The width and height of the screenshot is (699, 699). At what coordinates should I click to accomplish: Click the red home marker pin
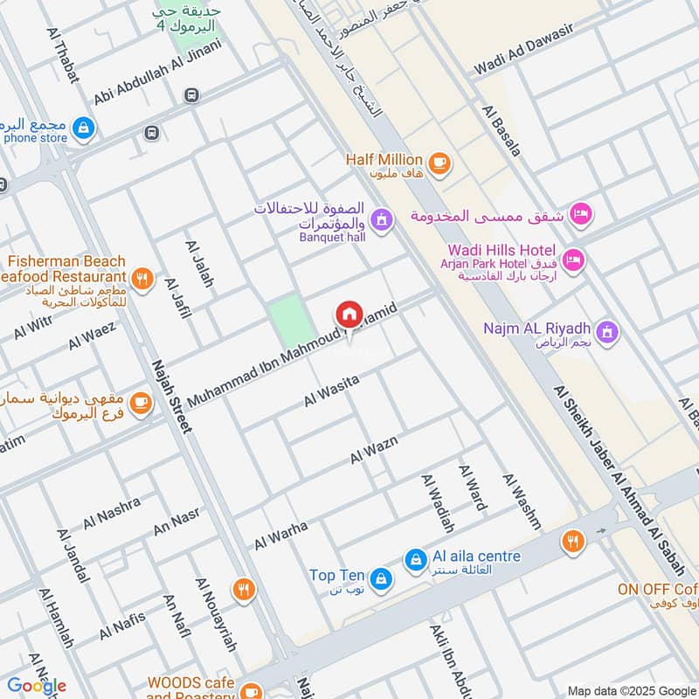click(349, 314)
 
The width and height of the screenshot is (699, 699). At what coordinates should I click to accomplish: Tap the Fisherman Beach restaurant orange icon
click(143, 280)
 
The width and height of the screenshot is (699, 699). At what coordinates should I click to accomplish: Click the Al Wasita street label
click(332, 391)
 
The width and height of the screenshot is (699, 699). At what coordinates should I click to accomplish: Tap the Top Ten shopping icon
click(380, 578)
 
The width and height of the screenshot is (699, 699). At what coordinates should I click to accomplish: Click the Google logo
click(37, 686)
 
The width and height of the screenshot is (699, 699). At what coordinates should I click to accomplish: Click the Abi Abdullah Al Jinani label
click(158, 73)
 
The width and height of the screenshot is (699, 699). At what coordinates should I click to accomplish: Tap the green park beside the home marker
click(290, 321)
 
